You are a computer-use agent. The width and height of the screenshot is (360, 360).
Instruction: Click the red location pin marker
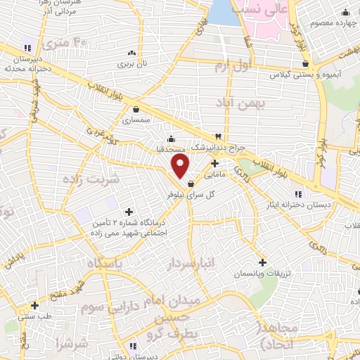[181, 166]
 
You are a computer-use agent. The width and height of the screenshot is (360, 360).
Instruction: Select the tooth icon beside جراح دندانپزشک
[219, 136]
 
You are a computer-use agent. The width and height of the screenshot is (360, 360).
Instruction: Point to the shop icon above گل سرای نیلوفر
[191, 184]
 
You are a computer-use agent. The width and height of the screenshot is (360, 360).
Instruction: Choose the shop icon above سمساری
[136, 109]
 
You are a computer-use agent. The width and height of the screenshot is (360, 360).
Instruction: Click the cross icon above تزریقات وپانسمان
[262, 262]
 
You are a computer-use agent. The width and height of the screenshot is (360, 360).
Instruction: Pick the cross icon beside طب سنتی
[34, 305]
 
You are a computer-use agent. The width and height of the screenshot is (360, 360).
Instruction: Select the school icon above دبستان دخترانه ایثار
[298, 194]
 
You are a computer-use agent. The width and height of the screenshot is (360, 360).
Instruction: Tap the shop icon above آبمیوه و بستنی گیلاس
[304, 63]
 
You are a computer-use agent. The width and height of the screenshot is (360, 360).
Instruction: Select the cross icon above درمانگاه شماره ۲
[129, 211]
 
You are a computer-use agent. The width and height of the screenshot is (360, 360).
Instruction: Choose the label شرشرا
[72, 345]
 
